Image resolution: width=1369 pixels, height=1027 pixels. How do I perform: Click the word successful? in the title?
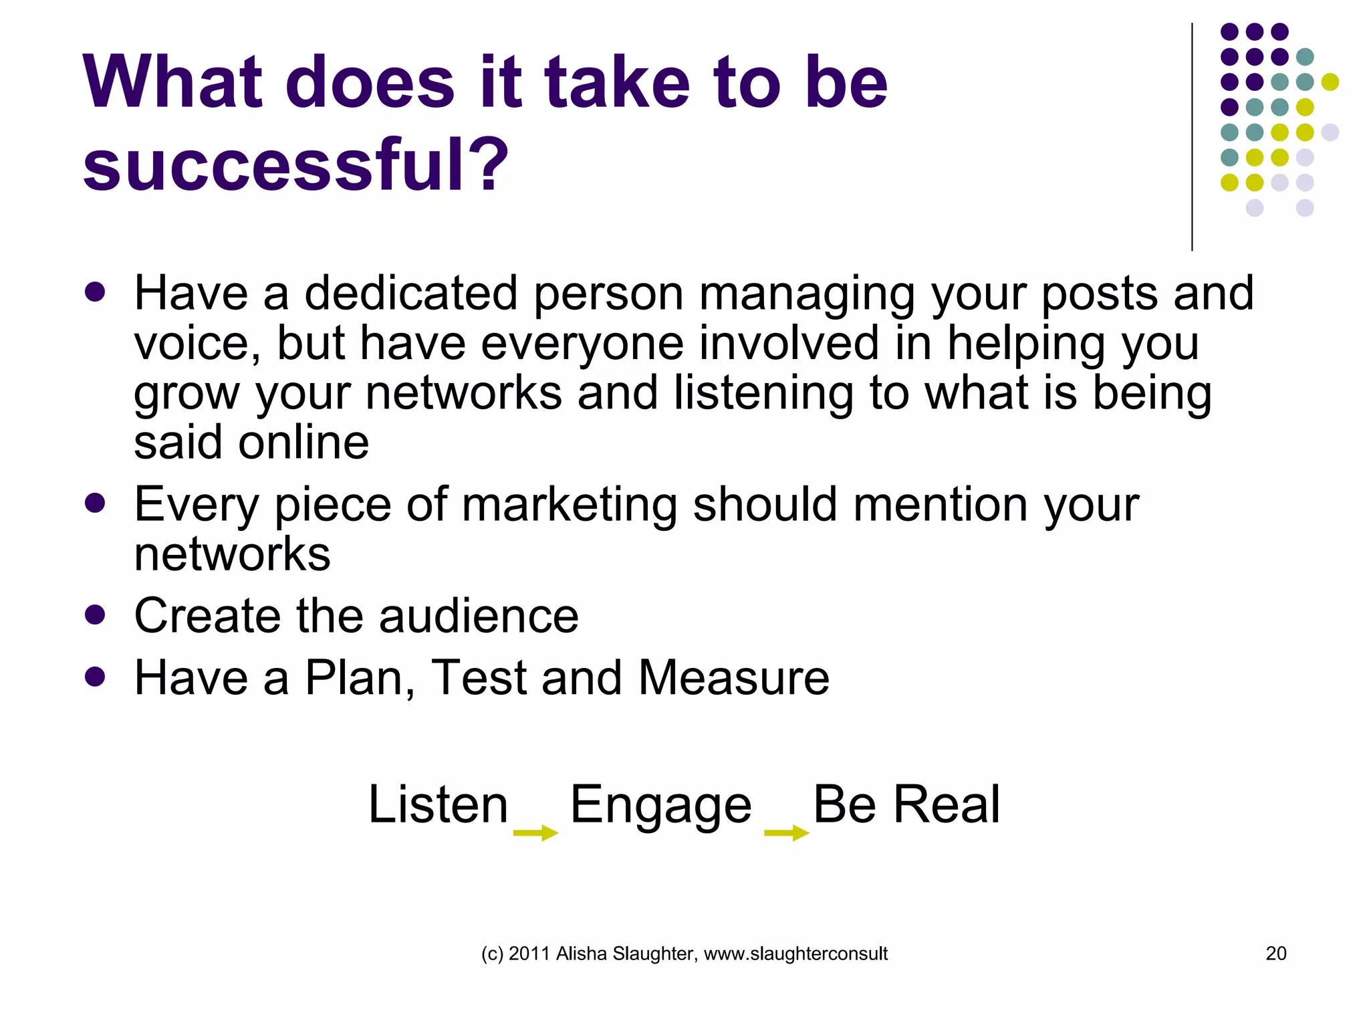(x=295, y=164)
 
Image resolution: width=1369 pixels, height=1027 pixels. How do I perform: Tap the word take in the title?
(x=616, y=83)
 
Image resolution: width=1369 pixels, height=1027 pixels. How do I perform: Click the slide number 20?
(x=1275, y=953)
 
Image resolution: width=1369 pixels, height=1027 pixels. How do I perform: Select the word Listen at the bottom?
(x=439, y=804)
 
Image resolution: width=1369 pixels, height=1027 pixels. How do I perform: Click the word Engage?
(x=660, y=805)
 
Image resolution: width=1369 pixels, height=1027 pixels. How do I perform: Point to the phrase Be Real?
(x=906, y=804)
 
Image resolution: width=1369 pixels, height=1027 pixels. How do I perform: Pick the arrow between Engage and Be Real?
(x=787, y=832)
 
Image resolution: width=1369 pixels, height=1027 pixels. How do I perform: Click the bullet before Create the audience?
(x=96, y=614)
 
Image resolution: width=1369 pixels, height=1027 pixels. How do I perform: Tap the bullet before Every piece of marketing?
(x=96, y=503)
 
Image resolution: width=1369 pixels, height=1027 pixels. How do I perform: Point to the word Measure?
(x=733, y=677)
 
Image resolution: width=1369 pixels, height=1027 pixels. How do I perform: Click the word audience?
(x=479, y=616)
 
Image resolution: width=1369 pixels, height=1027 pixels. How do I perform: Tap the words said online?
(x=251, y=443)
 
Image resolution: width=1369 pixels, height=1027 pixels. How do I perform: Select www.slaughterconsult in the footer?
(x=795, y=953)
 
